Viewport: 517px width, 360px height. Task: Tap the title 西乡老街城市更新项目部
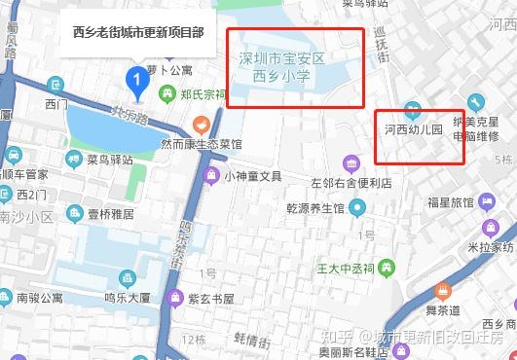coord(138,32)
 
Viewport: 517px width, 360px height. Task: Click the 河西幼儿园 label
coord(414,128)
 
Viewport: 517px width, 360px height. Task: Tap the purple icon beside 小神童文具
coord(210,176)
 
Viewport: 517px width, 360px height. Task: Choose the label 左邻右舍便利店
coord(351,182)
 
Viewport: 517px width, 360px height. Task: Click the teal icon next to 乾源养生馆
coord(357,206)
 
